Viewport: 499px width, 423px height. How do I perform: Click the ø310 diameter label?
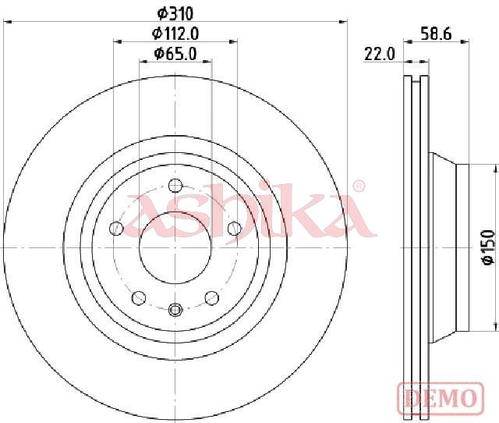click(x=175, y=14)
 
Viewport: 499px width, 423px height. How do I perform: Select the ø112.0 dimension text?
click(x=175, y=34)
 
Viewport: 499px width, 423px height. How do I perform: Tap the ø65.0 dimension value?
click(x=175, y=53)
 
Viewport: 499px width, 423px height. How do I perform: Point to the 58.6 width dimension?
click(x=436, y=34)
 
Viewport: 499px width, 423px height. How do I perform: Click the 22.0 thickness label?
click(x=380, y=54)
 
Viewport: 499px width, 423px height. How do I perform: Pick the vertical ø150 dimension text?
click(x=488, y=247)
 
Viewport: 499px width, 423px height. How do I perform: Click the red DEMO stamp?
click(x=441, y=397)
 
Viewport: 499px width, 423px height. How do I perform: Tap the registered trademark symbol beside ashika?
click(x=359, y=187)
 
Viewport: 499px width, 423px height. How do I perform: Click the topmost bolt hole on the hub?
click(x=175, y=186)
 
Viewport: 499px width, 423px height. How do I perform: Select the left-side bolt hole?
click(x=116, y=229)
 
